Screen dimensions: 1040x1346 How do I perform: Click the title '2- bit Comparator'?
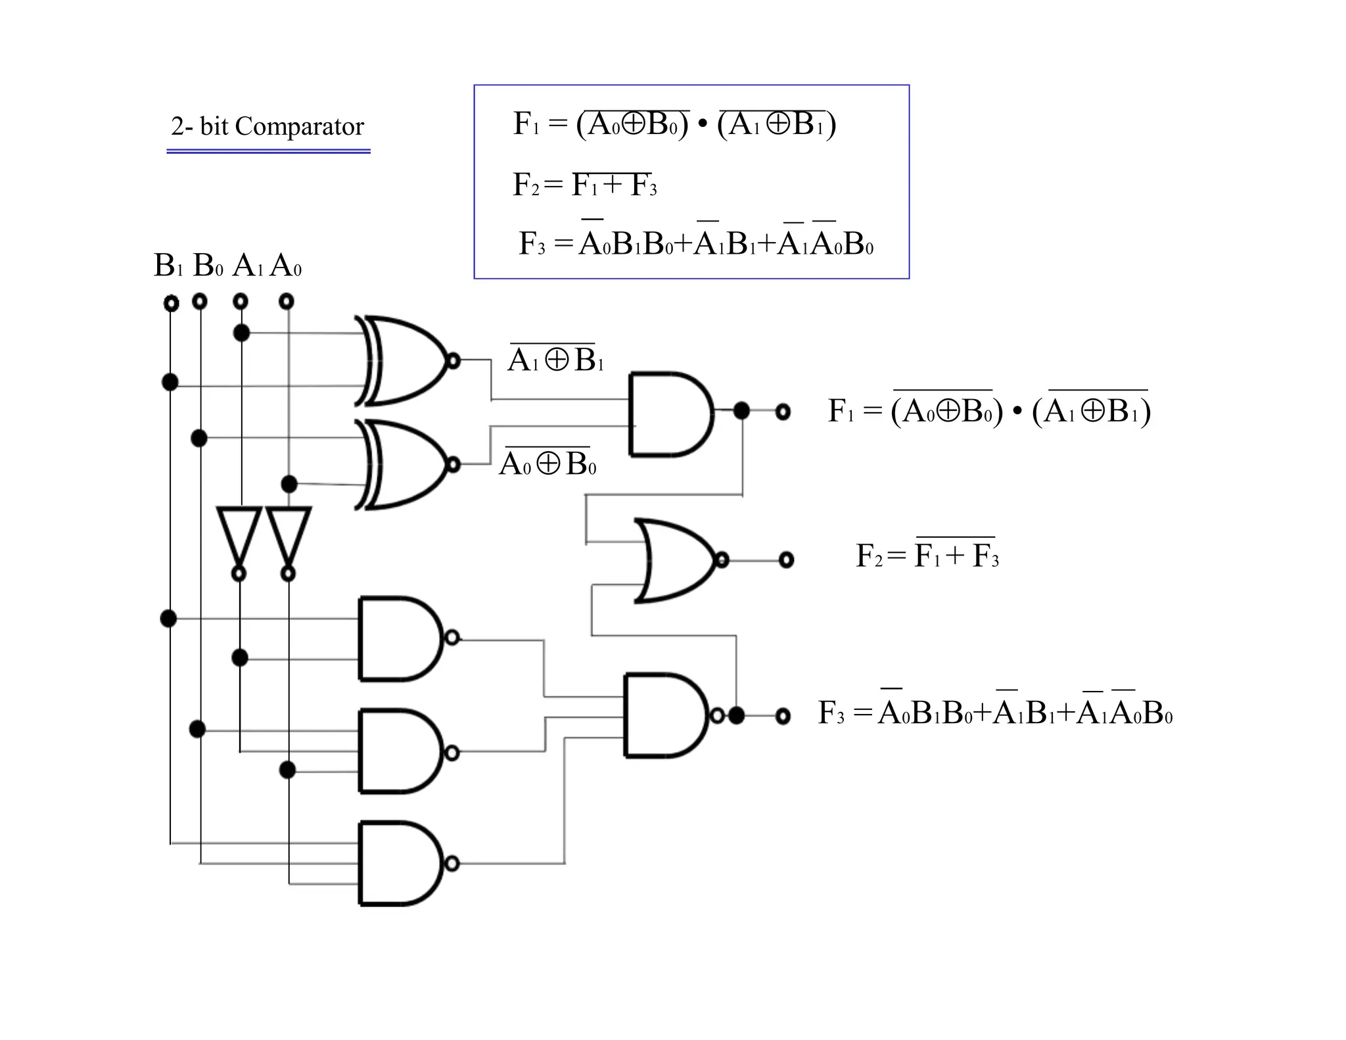(x=267, y=126)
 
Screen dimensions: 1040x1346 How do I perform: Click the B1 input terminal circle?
(x=171, y=303)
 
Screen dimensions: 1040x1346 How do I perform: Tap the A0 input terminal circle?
(x=286, y=302)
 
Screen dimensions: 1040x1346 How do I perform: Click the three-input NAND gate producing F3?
(x=664, y=715)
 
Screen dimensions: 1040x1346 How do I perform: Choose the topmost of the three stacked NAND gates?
(x=398, y=638)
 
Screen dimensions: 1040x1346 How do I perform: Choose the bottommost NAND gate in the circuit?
(x=398, y=863)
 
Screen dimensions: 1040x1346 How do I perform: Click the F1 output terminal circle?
(x=782, y=412)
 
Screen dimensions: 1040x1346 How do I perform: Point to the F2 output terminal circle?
(x=786, y=560)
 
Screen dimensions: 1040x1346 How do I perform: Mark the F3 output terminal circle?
(x=782, y=716)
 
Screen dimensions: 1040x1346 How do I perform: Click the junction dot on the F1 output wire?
(x=741, y=411)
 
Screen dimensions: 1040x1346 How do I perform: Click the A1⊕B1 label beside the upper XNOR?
(x=555, y=360)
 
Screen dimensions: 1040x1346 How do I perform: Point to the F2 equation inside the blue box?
(x=584, y=185)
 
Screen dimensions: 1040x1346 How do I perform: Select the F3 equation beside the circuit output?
(x=994, y=712)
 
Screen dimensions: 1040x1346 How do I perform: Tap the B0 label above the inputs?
(x=208, y=266)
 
